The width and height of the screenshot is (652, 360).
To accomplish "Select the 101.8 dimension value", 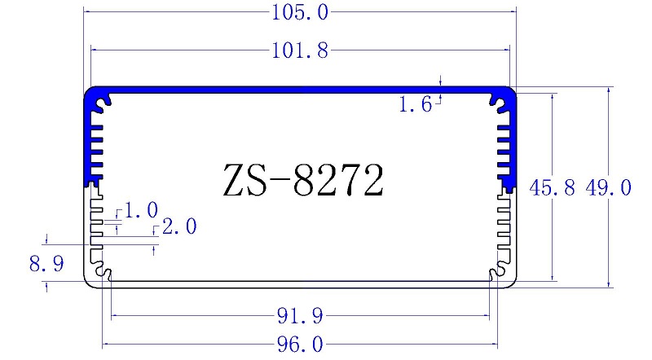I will [302, 51].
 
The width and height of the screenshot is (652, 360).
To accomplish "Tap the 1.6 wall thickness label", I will [416, 104].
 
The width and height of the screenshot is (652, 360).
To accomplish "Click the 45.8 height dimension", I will [552, 189].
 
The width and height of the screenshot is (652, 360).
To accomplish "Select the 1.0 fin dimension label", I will [142, 211].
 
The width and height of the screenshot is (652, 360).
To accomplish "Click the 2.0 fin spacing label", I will [179, 227].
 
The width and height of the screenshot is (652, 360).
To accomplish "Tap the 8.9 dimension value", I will [46, 264].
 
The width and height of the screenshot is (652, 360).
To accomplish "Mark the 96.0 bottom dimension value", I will [301, 345].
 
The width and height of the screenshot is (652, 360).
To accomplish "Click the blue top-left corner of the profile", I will [91, 93].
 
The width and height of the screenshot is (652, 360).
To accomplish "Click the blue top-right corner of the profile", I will [510, 93].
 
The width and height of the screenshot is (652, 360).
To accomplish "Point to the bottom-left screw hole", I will [103, 271].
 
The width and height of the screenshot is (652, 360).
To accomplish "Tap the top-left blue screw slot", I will [103, 102].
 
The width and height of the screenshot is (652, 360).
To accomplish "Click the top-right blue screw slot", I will [498, 102].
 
